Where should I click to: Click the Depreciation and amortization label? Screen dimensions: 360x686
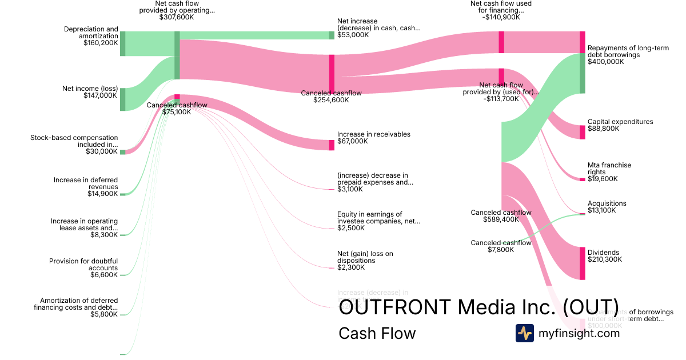click(91, 33)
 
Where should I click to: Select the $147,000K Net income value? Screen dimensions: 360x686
click(101, 95)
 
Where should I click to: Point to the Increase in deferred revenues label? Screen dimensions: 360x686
click(86, 183)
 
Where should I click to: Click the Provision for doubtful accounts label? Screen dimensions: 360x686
click(83, 265)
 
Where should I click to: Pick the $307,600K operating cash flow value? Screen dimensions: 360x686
click(177, 18)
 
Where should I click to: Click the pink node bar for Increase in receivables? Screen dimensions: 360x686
click(332, 145)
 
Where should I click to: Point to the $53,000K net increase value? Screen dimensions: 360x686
click(353, 35)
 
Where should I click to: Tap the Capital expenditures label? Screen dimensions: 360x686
click(620, 122)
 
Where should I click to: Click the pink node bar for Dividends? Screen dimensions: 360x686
click(583, 263)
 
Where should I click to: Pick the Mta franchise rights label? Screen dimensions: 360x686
click(609, 169)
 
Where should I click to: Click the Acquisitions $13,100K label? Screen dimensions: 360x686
click(607, 207)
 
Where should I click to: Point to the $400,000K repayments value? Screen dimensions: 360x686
click(605, 62)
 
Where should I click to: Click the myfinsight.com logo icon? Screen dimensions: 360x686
click(524, 333)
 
